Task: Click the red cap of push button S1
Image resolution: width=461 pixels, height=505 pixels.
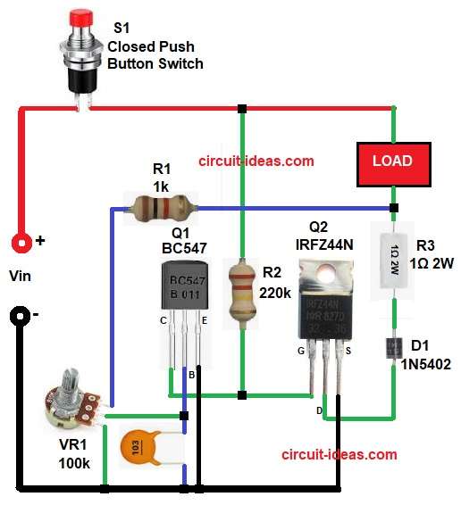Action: click(84, 19)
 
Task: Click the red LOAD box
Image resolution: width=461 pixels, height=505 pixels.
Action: click(392, 161)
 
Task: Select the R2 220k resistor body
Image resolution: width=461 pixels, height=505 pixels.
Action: click(240, 290)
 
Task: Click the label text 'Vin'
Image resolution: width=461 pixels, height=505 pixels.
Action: click(20, 277)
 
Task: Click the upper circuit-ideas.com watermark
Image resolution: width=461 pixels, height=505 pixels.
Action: click(256, 161)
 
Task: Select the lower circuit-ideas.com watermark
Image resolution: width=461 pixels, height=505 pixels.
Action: click(339, 454)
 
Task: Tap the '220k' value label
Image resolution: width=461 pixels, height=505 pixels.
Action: click(276, 293)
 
